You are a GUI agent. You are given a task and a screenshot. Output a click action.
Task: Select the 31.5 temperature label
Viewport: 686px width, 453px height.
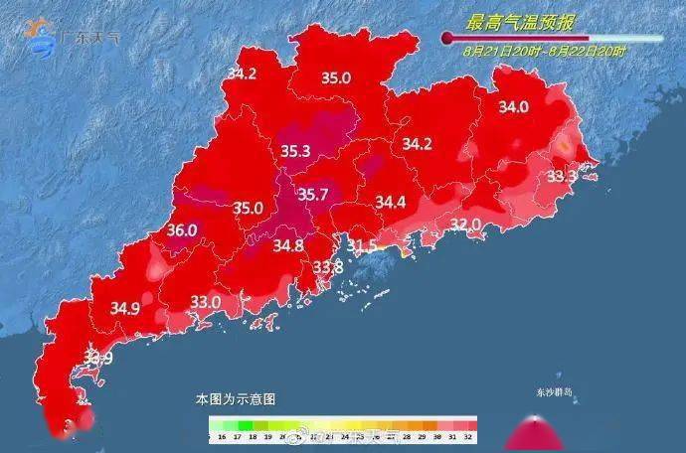pos(363,245)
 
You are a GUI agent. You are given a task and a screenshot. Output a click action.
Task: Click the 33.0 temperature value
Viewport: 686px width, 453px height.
pos(206,301)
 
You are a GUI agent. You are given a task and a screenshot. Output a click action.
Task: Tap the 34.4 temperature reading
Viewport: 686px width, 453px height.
pos(391,203)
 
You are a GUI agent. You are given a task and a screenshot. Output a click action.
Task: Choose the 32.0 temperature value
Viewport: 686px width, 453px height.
pos(465,226)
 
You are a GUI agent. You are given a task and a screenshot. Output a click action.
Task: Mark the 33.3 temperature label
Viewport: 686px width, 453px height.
pos(563,176)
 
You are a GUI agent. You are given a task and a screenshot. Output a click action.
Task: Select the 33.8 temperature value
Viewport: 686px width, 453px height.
pos(328,267)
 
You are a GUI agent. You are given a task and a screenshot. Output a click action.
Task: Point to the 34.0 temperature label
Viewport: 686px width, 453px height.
pos(514,107)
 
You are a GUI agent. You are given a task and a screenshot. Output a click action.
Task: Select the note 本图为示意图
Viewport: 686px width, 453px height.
pos(236,398)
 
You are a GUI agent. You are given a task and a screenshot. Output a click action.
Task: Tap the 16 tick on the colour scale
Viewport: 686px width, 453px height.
pos(221,436)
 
